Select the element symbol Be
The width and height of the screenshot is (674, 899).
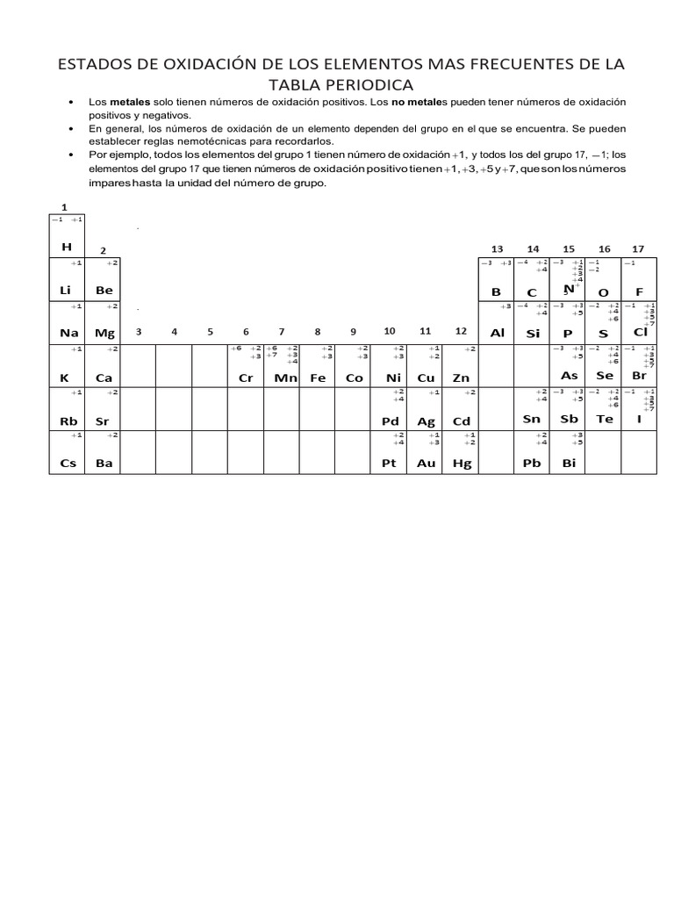click(x=104, y=290)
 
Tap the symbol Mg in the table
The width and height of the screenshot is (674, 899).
click(x=104, y=334)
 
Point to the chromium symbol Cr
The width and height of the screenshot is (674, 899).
click(x=246, y=378)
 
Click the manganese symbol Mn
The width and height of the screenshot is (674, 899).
click(x=283, y=378)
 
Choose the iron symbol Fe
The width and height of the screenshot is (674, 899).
click(x=318, y=378)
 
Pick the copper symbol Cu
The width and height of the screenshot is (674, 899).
click(x=426, y=378)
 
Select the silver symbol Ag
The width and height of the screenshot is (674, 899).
click(x=426, y=421)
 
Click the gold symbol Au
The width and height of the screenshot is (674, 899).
click(x=426, y=464)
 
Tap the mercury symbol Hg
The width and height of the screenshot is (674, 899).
click(x=462, y=464)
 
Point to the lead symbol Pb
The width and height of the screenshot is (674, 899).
click(x=532, y=464)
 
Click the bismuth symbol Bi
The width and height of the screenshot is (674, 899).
click(x=569, y=464)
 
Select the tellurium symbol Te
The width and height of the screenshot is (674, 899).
click(x=605, y=420)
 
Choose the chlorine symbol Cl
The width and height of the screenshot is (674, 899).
click(x=640, y=332)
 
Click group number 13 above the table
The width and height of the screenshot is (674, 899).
click(x=497, y=249)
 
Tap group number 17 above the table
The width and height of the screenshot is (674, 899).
click(x=638, y=249)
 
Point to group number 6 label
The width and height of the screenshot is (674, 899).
click(x=246, y=331)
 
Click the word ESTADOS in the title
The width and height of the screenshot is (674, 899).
click(x=94, y=65)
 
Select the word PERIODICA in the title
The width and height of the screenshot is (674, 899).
click(x=361, y=84)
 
